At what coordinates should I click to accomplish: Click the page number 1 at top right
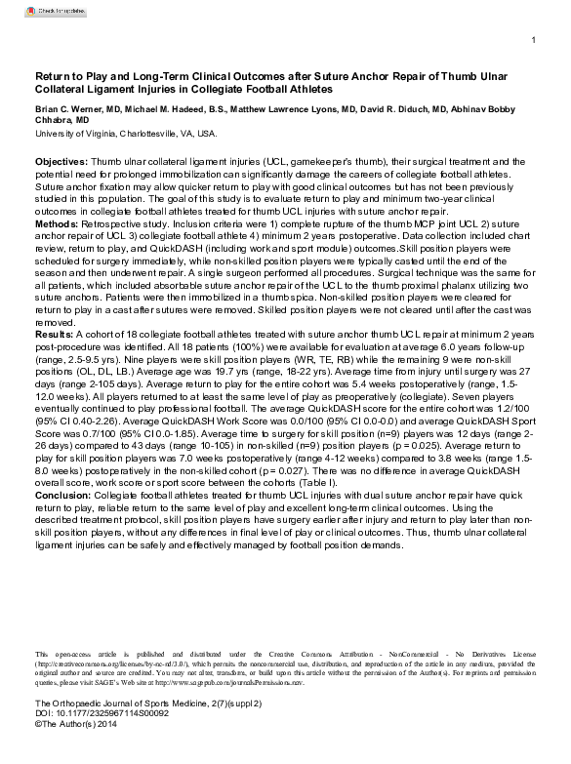point(534,41)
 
